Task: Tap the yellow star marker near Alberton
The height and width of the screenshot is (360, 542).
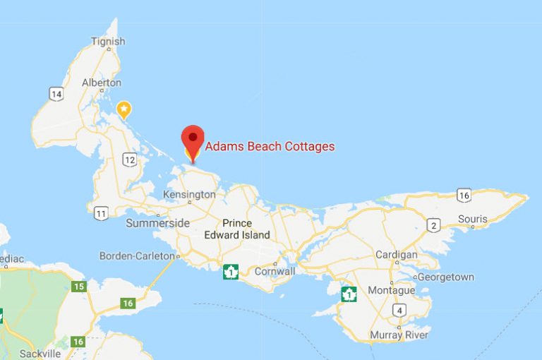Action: click(x=124, y=109)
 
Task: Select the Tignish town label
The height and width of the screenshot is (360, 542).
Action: click(x=109, y=42)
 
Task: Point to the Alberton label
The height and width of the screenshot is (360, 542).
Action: click(x=102, y=82)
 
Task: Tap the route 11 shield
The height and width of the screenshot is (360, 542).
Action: click(x=102, y=212)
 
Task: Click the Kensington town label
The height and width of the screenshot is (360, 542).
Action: click(x=188, y=194)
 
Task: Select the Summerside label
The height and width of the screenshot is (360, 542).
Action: click(x=157, y=223)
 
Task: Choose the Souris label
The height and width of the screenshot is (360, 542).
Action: click(x=472, y=219)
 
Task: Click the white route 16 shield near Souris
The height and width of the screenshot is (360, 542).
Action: click(x=464, y=195)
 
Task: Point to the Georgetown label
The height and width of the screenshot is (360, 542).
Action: click(x=445, y=277)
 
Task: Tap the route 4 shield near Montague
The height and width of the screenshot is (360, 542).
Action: click(x=399, y=311)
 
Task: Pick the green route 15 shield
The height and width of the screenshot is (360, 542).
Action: click(x=79, y=286)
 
